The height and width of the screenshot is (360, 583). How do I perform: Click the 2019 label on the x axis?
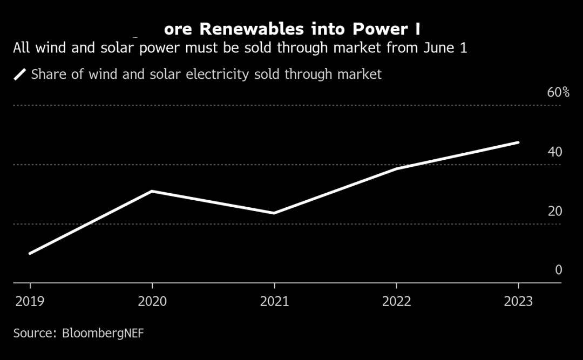pyautogui.click(x=30, y=301)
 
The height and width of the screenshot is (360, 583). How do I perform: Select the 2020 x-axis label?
pyautogui.click(x=152, y=301)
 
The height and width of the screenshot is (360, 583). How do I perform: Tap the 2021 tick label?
pyautogui.click(x=274, y=301)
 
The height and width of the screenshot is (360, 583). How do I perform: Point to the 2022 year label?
pyautogui.click(x=396, y=301)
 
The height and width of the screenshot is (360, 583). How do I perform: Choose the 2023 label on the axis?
pyautogui.click(x=518, y=301)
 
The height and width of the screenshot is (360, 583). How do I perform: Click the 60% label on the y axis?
pyautogui.click(x=558, y=92)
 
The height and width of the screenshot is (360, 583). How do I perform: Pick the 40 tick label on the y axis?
pyautogui.click(x=555, y=152)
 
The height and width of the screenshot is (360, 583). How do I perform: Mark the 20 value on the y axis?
pyautogui.click(x=555, y=211)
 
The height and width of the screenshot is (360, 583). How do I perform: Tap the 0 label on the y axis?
pyautogui.click(x=559, y=270)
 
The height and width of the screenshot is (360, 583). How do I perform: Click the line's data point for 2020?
pyautogui.click(x=152, y=191)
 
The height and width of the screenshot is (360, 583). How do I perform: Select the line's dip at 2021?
pyautogui.click(x=274, y=213)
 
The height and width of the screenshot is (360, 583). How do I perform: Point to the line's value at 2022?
pyautogui.click(x=396, y=168)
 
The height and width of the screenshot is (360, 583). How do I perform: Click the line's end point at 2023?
pyautogui.click(x=518, y=142)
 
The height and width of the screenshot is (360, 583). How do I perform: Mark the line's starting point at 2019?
pyautogui.click(x=30, y=253)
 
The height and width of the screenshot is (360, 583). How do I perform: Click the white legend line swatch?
pyautogui.click(x=20, y=74)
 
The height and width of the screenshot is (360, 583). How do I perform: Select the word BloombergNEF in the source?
pyautogui.click(x=103, y=333)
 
